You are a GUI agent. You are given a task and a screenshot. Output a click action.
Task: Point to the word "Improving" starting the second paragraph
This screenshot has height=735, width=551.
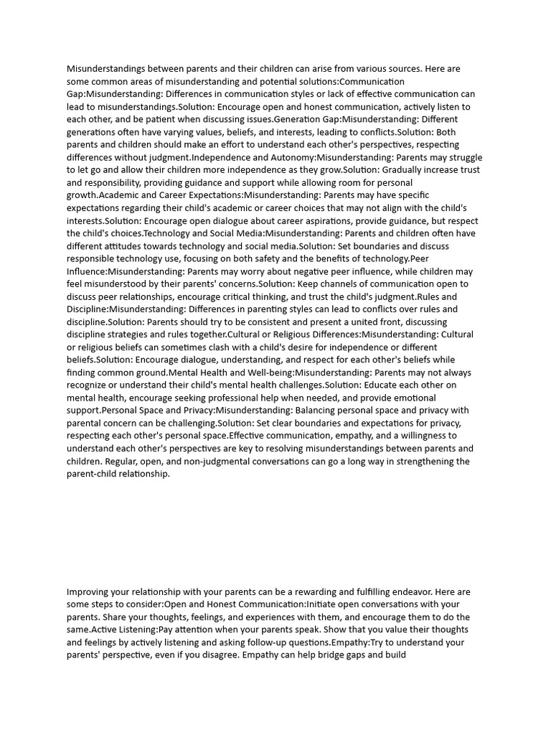(89, 592)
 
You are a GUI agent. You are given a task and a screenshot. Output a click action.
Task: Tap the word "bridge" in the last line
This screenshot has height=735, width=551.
(323, 655)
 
